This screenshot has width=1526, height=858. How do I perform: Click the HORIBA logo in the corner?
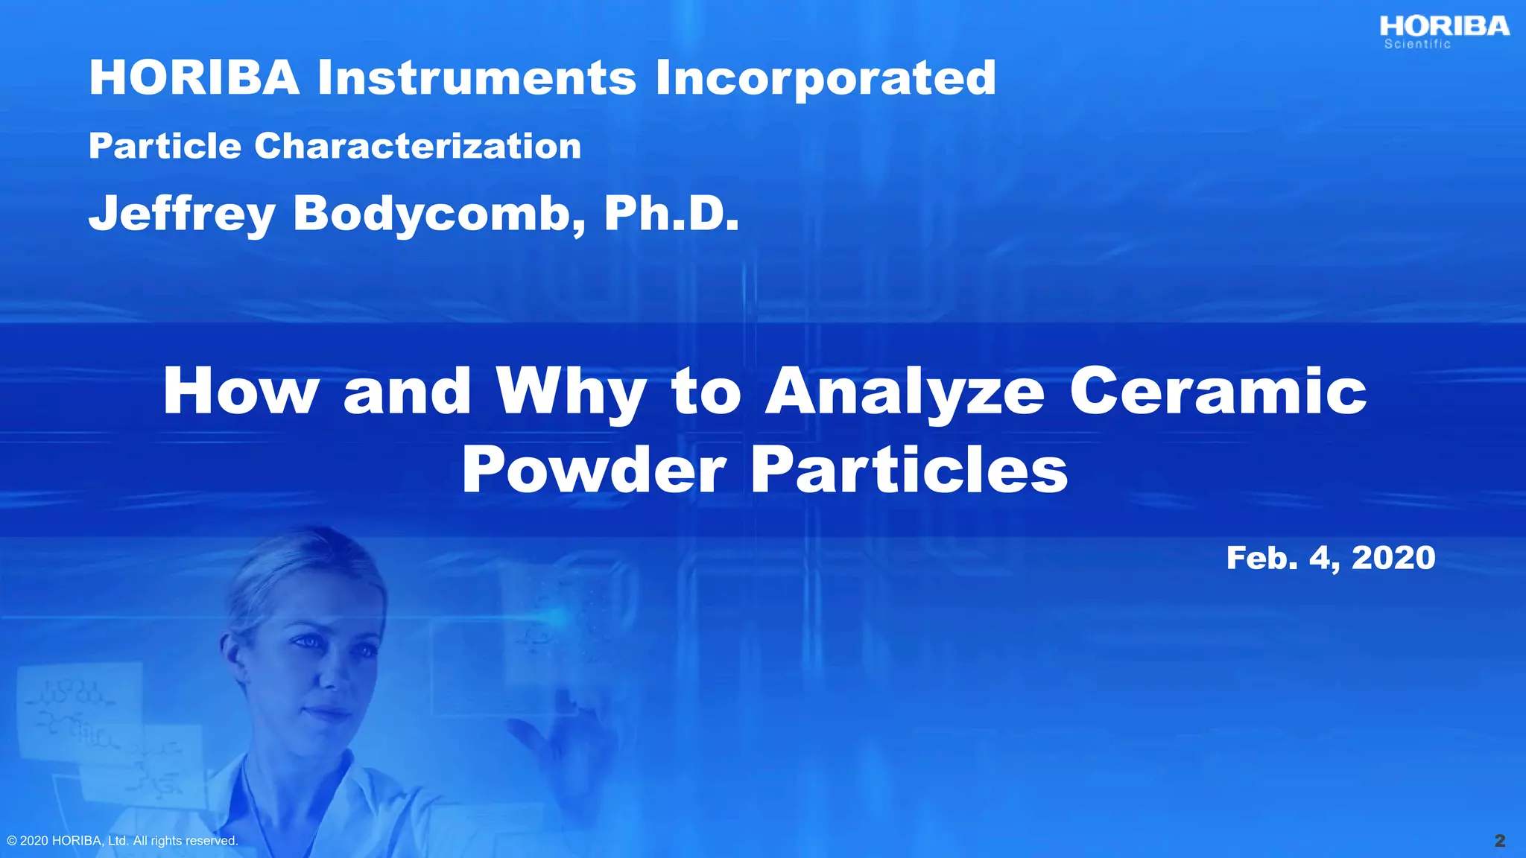[x=1444, y=27]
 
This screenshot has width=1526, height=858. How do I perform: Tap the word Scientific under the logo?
[x=1417, y=45]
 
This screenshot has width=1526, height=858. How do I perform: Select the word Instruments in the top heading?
[x=477, y=77]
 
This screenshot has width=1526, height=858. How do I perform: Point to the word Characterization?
[x=417, y=146]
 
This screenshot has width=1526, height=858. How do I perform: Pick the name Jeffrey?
[x=182, y=214]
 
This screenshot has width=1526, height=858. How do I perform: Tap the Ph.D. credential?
[x=671, y=214]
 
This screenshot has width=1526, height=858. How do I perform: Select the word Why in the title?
[x=571, y=393]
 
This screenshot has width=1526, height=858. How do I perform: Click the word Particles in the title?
[x=909, y=470]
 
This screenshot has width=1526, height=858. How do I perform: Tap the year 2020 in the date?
[x=1393, y=558]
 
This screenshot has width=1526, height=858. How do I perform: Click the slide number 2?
[x=1500, y=841]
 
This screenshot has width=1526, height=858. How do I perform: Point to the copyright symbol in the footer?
[x=11, y=841]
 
